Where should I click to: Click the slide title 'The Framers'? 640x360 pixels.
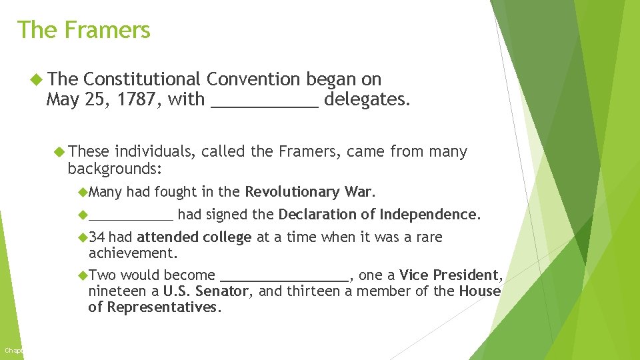click(84, 30)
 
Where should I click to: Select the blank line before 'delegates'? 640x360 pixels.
click(265, 102)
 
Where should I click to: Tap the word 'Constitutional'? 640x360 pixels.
click(142, 79)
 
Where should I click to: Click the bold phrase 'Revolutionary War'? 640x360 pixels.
click(309, 193)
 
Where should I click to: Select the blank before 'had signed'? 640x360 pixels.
click(131, 216)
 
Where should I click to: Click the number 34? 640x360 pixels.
click(97, 237)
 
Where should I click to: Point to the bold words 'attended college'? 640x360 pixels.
click(194, 237)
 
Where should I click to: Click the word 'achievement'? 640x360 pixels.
click(131, 253)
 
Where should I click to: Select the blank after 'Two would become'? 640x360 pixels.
click(284, 277)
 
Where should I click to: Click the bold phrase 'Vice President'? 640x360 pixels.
click(450, 275)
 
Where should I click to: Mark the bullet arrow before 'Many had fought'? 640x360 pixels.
click(83, 193)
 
